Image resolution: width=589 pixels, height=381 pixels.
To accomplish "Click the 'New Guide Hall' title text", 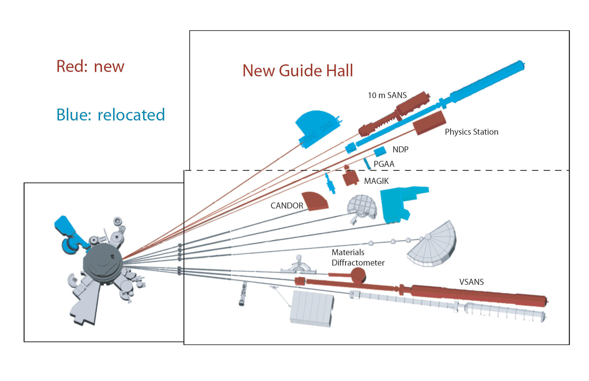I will tap(297, 71).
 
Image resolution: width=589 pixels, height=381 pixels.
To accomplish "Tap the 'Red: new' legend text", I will tap(90, 67).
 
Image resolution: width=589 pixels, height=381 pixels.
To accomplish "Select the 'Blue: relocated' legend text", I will tap(110, 115).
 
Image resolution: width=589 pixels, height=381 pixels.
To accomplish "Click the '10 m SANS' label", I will tap(387, 95).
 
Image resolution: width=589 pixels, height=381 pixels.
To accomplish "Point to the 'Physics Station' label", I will tap(471, 132).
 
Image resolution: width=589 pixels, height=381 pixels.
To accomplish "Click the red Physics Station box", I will tap(430, 123).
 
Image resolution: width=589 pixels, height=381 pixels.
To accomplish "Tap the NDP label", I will tap(400, 149).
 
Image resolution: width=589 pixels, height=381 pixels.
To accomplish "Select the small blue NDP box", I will tap(380, 151).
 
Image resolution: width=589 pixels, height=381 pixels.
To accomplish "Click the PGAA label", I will tap(384, 164).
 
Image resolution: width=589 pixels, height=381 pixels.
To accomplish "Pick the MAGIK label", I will tap(376, 181).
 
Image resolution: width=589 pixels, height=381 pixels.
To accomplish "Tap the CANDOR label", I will tap(286, 206).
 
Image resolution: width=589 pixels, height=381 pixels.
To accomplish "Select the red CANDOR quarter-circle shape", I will tap(315, 202).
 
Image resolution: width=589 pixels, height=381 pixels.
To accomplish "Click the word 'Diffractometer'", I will tap(358, 263).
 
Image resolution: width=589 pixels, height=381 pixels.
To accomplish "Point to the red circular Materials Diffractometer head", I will tap(358, 275).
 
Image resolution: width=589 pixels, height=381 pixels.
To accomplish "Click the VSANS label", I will tap(471, 282).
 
